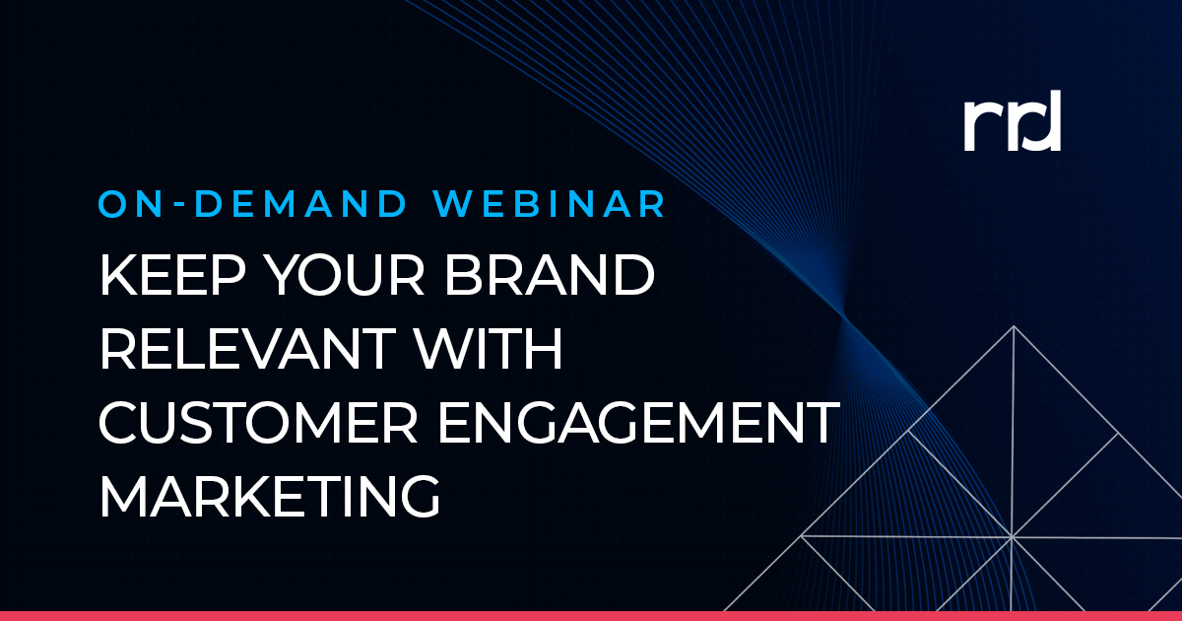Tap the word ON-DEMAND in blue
coord(252,203)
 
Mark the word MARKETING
coord(269,496)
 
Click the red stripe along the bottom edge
coord(591,615)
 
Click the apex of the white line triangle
coord(1012,326)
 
